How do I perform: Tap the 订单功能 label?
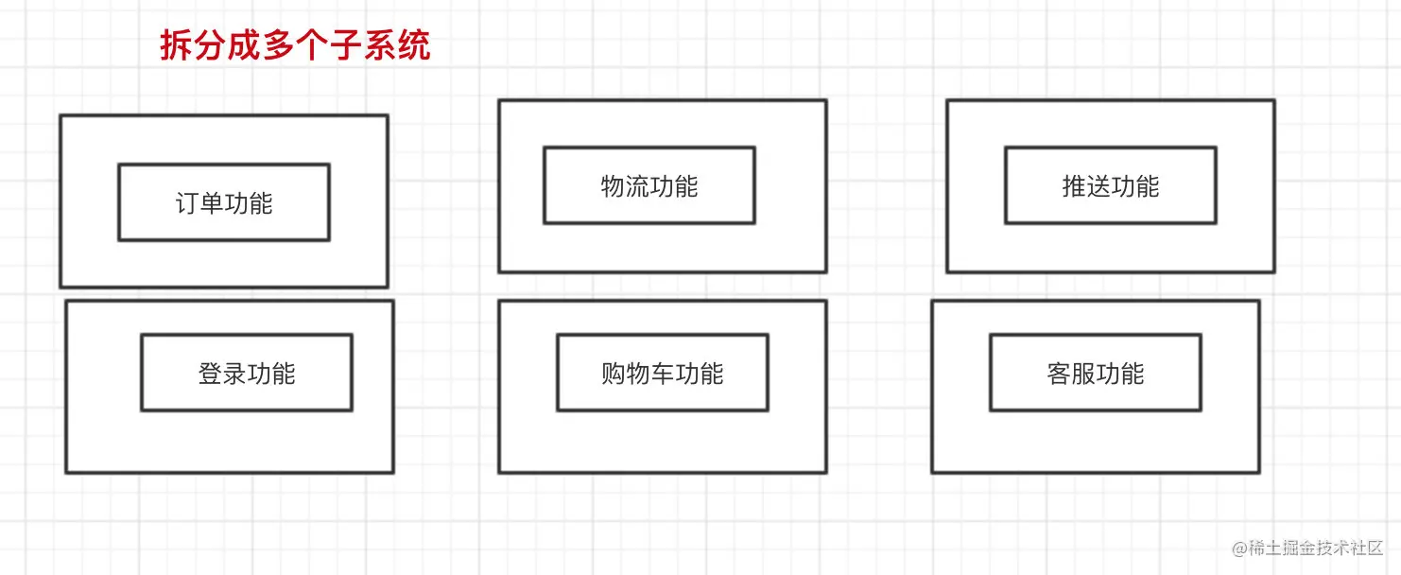pos(224,203)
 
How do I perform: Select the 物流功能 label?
pos(649,186)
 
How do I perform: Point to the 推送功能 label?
pos(1111,186)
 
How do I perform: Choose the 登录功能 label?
pos(247,374)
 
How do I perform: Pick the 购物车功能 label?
pos(662,374)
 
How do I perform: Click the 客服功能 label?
pos(1096,374)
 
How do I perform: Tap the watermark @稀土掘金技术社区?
pos(1307,549)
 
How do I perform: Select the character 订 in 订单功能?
pos(187,203)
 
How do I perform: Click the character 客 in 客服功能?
pos(1059,374)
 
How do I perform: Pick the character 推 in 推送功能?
pos(1074,186)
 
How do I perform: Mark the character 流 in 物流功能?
pos(637,186)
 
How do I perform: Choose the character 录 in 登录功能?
pos(234,374)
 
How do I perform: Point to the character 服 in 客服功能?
pos(1083,374)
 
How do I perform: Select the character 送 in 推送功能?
pos(1098,186)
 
